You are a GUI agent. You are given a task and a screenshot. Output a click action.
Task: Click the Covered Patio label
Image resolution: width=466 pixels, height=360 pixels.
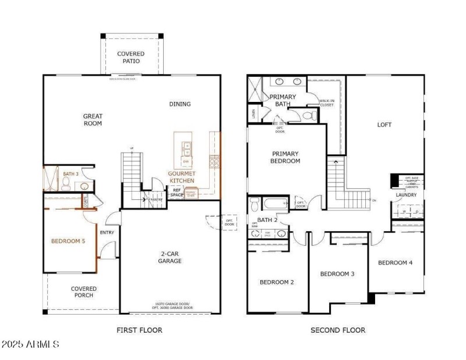coord(130,58)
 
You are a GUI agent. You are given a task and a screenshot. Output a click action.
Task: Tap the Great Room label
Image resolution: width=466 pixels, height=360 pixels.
coord(93,120)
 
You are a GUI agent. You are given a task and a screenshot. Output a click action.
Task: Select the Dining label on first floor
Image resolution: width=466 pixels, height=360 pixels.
coord(180,104)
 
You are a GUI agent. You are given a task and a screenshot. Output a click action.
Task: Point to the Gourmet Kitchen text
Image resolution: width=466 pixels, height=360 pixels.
coord(181,177)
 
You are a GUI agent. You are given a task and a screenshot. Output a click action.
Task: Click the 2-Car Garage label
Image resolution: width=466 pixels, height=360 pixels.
coord(171,257)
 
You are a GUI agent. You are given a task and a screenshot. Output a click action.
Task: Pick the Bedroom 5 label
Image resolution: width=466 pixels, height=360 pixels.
coord(69,241)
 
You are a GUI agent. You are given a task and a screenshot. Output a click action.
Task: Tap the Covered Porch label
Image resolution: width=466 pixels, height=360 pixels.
coord(84,292)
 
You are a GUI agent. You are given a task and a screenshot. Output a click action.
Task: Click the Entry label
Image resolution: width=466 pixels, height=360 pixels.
coord(107,233)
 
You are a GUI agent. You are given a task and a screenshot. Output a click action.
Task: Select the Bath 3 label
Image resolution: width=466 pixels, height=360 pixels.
coord(70,174)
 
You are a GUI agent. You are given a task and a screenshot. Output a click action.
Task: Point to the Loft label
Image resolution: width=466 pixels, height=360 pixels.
coord(384,125)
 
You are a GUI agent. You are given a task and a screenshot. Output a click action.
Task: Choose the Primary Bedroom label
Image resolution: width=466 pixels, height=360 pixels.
coord(286,157)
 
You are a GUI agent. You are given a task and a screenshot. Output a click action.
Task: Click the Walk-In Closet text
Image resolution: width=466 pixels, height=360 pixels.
coord(327,103)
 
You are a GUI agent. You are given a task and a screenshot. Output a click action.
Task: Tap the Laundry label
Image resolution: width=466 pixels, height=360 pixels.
coord(406,195)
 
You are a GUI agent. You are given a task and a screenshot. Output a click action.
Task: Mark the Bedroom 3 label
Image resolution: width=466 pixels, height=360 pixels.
coord(337,274)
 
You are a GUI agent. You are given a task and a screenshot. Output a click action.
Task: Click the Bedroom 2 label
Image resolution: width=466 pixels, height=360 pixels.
coord(277,282)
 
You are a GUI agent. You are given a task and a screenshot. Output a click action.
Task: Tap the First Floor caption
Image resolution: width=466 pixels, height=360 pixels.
coord(139,330)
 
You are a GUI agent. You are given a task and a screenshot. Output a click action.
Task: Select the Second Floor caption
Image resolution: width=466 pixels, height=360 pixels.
coord(338,330)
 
